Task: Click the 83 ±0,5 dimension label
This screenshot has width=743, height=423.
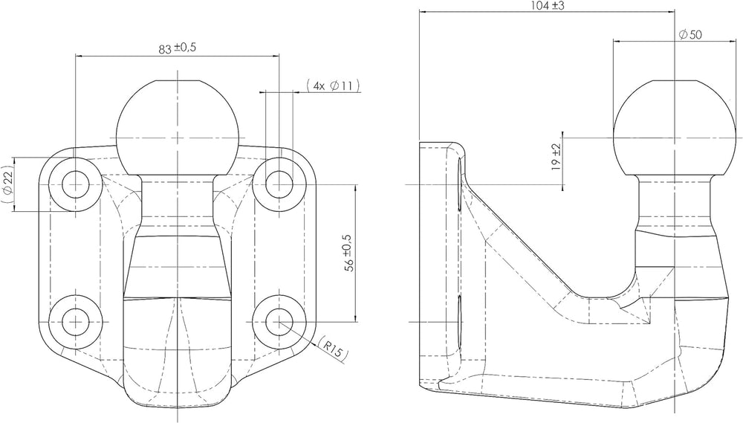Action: [x=178, y=48]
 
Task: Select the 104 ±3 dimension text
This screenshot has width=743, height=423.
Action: [x=548, y=6]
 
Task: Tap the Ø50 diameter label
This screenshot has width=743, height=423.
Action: [x=690, y=35]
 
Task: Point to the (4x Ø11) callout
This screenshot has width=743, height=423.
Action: [x=333, y=85]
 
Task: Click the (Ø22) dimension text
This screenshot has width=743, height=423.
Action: [x=7, y=185]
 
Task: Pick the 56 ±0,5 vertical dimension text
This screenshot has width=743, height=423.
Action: [x=350, y=253]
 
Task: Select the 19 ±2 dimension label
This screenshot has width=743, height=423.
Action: [x=557, y=157]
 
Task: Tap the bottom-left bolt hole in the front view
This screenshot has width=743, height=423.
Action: [x=76, y=321]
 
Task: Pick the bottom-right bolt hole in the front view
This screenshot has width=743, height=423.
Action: [x=279, y=321]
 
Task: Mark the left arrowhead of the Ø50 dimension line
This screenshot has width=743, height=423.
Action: [x=617, y=41]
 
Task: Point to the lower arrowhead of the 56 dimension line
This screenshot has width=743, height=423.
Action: [x=355, y=317]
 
